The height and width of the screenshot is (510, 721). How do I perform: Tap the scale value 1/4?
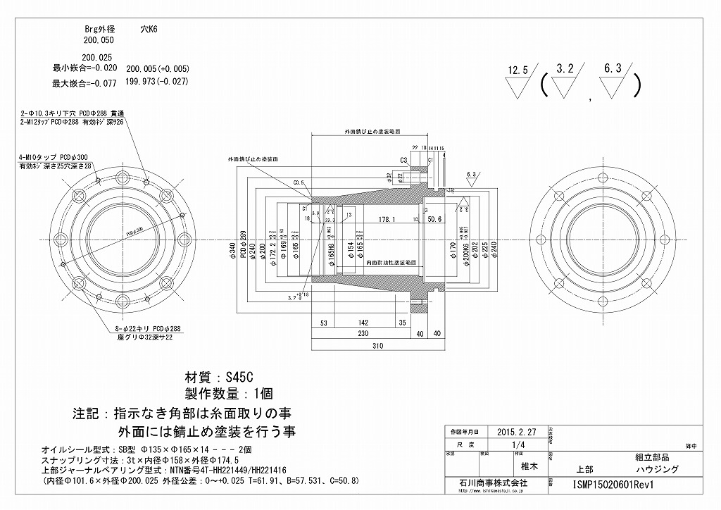click(x=520, y=444)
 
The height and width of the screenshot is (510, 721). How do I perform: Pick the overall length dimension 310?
click(x=378, y=347)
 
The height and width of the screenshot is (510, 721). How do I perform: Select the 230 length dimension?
click(x=363, y=333)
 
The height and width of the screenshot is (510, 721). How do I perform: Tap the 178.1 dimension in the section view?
click(x=387, y=219)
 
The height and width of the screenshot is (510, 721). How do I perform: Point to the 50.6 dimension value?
click(x=434, y=219)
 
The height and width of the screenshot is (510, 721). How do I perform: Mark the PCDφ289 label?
click(x=242, y=244)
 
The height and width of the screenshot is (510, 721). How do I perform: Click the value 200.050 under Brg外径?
click(x=98, y=42)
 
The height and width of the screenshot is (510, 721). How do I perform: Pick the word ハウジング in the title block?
click(x=656, y=468)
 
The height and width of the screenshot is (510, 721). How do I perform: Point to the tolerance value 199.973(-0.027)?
click(x=156, y=82)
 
